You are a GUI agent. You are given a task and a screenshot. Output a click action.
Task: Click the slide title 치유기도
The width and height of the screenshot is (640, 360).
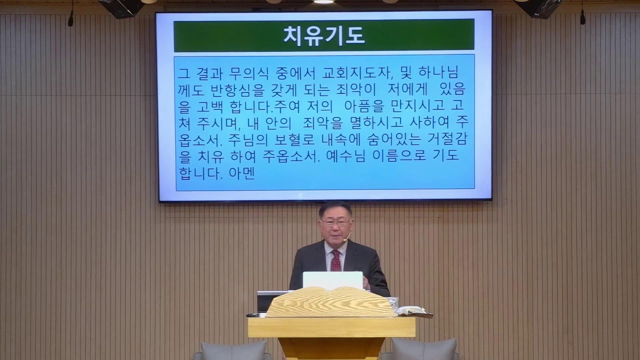[x=324, y=35]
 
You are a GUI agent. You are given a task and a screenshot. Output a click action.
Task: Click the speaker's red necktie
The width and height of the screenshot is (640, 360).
[x=335, y=260]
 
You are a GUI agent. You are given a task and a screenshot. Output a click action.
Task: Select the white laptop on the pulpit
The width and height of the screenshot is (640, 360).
[x=332, y=280]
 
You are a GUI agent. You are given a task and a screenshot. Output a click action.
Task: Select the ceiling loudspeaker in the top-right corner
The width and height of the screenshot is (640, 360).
[x=539, y=6]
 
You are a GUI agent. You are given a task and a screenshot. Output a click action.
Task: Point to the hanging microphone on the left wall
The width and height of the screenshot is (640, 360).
[x=70, y=19]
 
